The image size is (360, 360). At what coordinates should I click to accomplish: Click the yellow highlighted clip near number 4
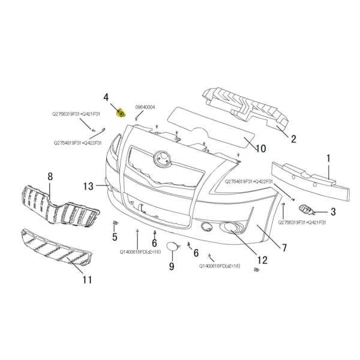(x=121, y=112)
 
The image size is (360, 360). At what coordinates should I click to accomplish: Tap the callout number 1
(x=328, y=158)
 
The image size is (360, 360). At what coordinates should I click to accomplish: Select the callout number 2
(x=293, y=139)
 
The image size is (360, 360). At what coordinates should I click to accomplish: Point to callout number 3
(x=332, y=212)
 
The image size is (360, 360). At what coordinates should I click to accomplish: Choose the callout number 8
(x=50, y=177)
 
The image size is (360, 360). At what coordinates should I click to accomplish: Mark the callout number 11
(x=87, y=280)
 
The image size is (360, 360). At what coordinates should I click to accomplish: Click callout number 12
(x=262, y=260)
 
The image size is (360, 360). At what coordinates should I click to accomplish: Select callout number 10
(x=260, y=148)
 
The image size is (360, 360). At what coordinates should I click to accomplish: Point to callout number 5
(x=114, y=237)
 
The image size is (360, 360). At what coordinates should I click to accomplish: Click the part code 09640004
(x=145, y=107)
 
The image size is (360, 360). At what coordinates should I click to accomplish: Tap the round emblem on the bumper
(x=161, y=159)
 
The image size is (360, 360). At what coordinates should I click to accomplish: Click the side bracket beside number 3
(x=307, y=210)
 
